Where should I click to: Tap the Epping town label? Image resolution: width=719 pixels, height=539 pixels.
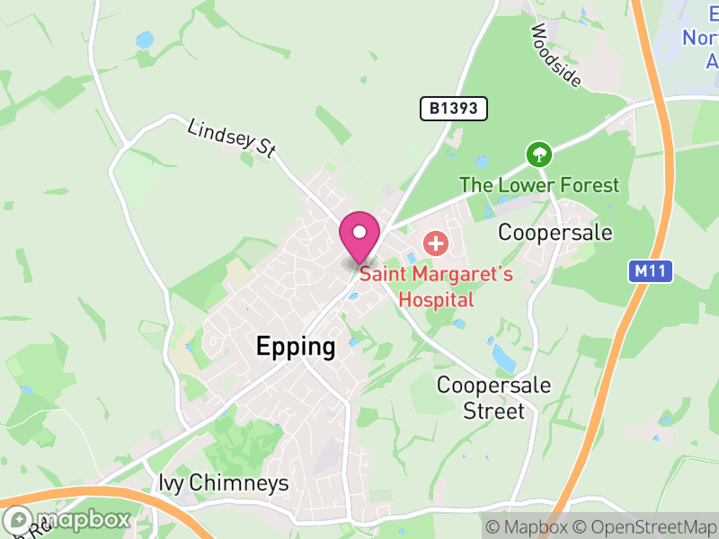pyautogui.click(x=296, y=347)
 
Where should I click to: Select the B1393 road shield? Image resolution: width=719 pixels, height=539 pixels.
pyautogui.click(x=454, y=110)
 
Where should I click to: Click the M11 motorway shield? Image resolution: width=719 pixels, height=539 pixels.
pyautogui.click(x=650, y=271)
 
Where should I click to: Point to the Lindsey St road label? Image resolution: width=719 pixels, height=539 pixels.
pyautogui.click(x=231, y=138)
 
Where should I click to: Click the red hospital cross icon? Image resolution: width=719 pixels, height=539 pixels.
pyautogui.click(x=436, y=243)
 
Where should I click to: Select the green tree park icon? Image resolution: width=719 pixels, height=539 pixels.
pyautogui.click(x=538, y=155)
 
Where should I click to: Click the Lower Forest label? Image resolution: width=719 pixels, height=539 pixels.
pyautogui.click(x=539, y=186)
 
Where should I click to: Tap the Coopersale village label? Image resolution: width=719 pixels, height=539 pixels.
pyautogui.click(x=555, y=233)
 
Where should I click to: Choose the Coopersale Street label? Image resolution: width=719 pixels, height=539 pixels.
pyautogui.click(x=493, y=398)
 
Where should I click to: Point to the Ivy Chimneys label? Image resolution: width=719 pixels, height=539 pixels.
pyautogui.click(x=224, y=483)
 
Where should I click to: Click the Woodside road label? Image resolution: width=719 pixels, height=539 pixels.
pyautogui.click(x=555, y=56)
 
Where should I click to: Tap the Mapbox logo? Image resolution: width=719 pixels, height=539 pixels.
pyautogui.click(x=67, y=519)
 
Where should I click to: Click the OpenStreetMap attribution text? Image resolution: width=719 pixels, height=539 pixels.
pyautogui.click(x=644, y=527)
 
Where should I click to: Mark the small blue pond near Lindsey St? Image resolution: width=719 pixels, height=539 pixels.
pyautogui.click(x=145, y=40)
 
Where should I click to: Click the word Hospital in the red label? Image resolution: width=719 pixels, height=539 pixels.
pyautogui.click(x=436, y=299)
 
